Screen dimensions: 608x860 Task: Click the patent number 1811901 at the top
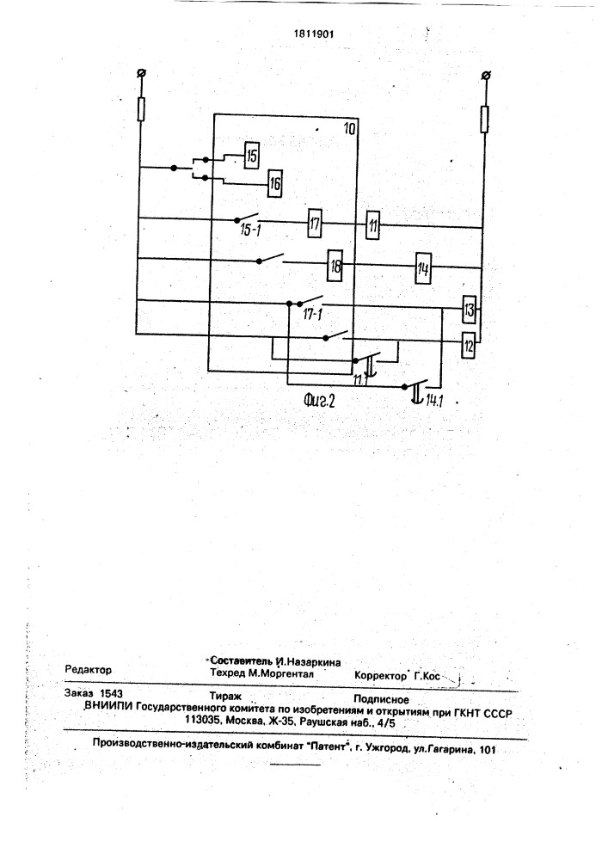(314, 34)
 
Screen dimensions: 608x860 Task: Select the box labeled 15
(251, 157)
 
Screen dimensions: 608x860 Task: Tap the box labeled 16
(274, 183)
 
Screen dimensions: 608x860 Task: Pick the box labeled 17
(314, 224)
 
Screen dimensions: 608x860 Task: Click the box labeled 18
(335, 266)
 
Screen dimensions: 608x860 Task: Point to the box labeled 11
(373, 224)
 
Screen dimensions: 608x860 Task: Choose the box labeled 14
(423, 268)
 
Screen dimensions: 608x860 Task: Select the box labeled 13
(469, 310)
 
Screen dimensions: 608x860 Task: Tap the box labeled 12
(468, 346)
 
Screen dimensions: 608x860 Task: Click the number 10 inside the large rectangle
(348, 129)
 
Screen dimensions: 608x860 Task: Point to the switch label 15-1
(250, 230)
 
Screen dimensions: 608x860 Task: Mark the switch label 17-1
(312, 315)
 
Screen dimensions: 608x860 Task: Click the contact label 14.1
(433, 402)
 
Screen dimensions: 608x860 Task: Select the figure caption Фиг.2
(319, 401)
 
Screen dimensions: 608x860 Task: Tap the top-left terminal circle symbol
(141, 73)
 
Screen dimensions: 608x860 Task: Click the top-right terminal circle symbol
(485, 75)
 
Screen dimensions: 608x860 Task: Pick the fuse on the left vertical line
(141, 108)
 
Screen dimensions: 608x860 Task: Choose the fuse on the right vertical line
(484, 120)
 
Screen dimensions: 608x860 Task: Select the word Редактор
(89, 670)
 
